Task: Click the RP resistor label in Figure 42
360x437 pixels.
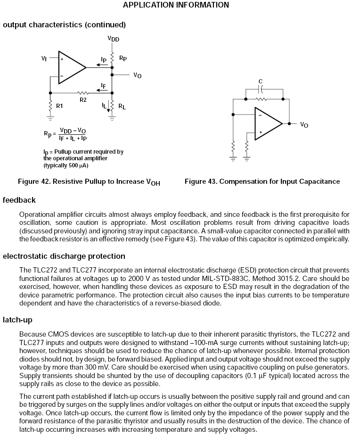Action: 123,58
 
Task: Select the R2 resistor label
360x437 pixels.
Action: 83,99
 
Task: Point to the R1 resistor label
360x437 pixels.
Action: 59,106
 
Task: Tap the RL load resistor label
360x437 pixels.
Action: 122,107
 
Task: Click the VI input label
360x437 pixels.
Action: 44,58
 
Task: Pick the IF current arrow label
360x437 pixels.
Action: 103,85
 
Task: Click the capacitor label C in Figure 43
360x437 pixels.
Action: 261,81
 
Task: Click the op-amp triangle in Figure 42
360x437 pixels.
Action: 70,67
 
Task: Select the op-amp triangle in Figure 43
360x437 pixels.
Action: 266,124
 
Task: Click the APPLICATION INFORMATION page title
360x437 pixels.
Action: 176,5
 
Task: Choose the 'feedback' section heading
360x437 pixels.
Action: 19,200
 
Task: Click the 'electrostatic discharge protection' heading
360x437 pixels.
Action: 64,256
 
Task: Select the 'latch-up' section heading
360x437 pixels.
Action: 17,320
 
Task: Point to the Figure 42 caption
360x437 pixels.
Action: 89,182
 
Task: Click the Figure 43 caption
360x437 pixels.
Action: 262,181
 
